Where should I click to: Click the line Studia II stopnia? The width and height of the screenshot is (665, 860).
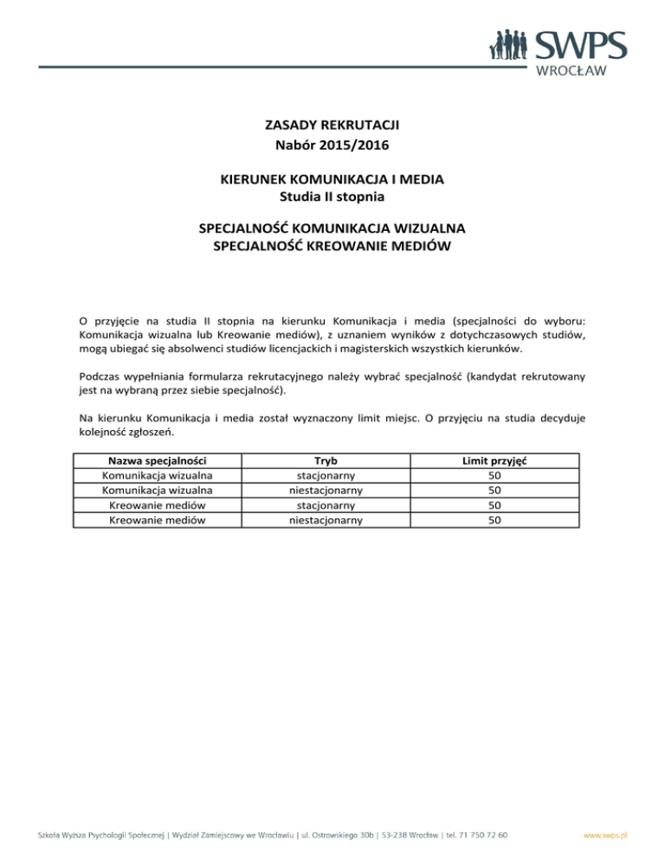point(332,198)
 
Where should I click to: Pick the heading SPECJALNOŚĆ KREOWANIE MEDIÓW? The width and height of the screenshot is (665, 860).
point(332,248)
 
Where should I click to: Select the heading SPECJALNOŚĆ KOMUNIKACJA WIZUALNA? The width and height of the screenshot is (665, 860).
point(332,229)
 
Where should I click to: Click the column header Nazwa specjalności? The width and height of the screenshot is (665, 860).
point(158,463)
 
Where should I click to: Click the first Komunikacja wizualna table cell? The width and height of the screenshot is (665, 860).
point(158,477)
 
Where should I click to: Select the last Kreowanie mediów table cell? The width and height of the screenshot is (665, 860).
point(158,519)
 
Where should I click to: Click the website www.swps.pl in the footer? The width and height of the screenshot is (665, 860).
point(606,836)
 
